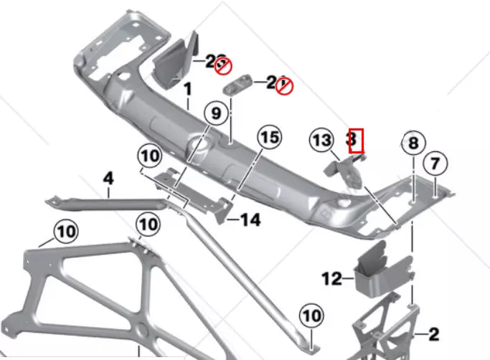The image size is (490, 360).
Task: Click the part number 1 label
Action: pyautogui.click(x=188, y=92)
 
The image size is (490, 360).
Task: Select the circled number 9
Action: pyautogui.click(x=215, y=113)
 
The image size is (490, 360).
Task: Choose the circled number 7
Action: pyautogui.click(x=435, y=163)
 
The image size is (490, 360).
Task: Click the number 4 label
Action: pyautogui.click(x=108, y=176)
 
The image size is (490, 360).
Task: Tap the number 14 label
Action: pyautogui.click(x=250, y=220)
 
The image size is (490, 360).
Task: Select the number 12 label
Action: pyautogui.click(x=332, y=279)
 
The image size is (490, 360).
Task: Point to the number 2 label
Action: pyautogui.click(x=433, y=334)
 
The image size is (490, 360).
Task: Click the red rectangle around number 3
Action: pyautogui.click(x=356, y=141)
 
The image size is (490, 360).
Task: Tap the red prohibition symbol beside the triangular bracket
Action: pyautogui.click(x=224, y=66)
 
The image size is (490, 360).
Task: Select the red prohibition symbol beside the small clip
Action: pyautogui.click(x=285, y=87)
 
